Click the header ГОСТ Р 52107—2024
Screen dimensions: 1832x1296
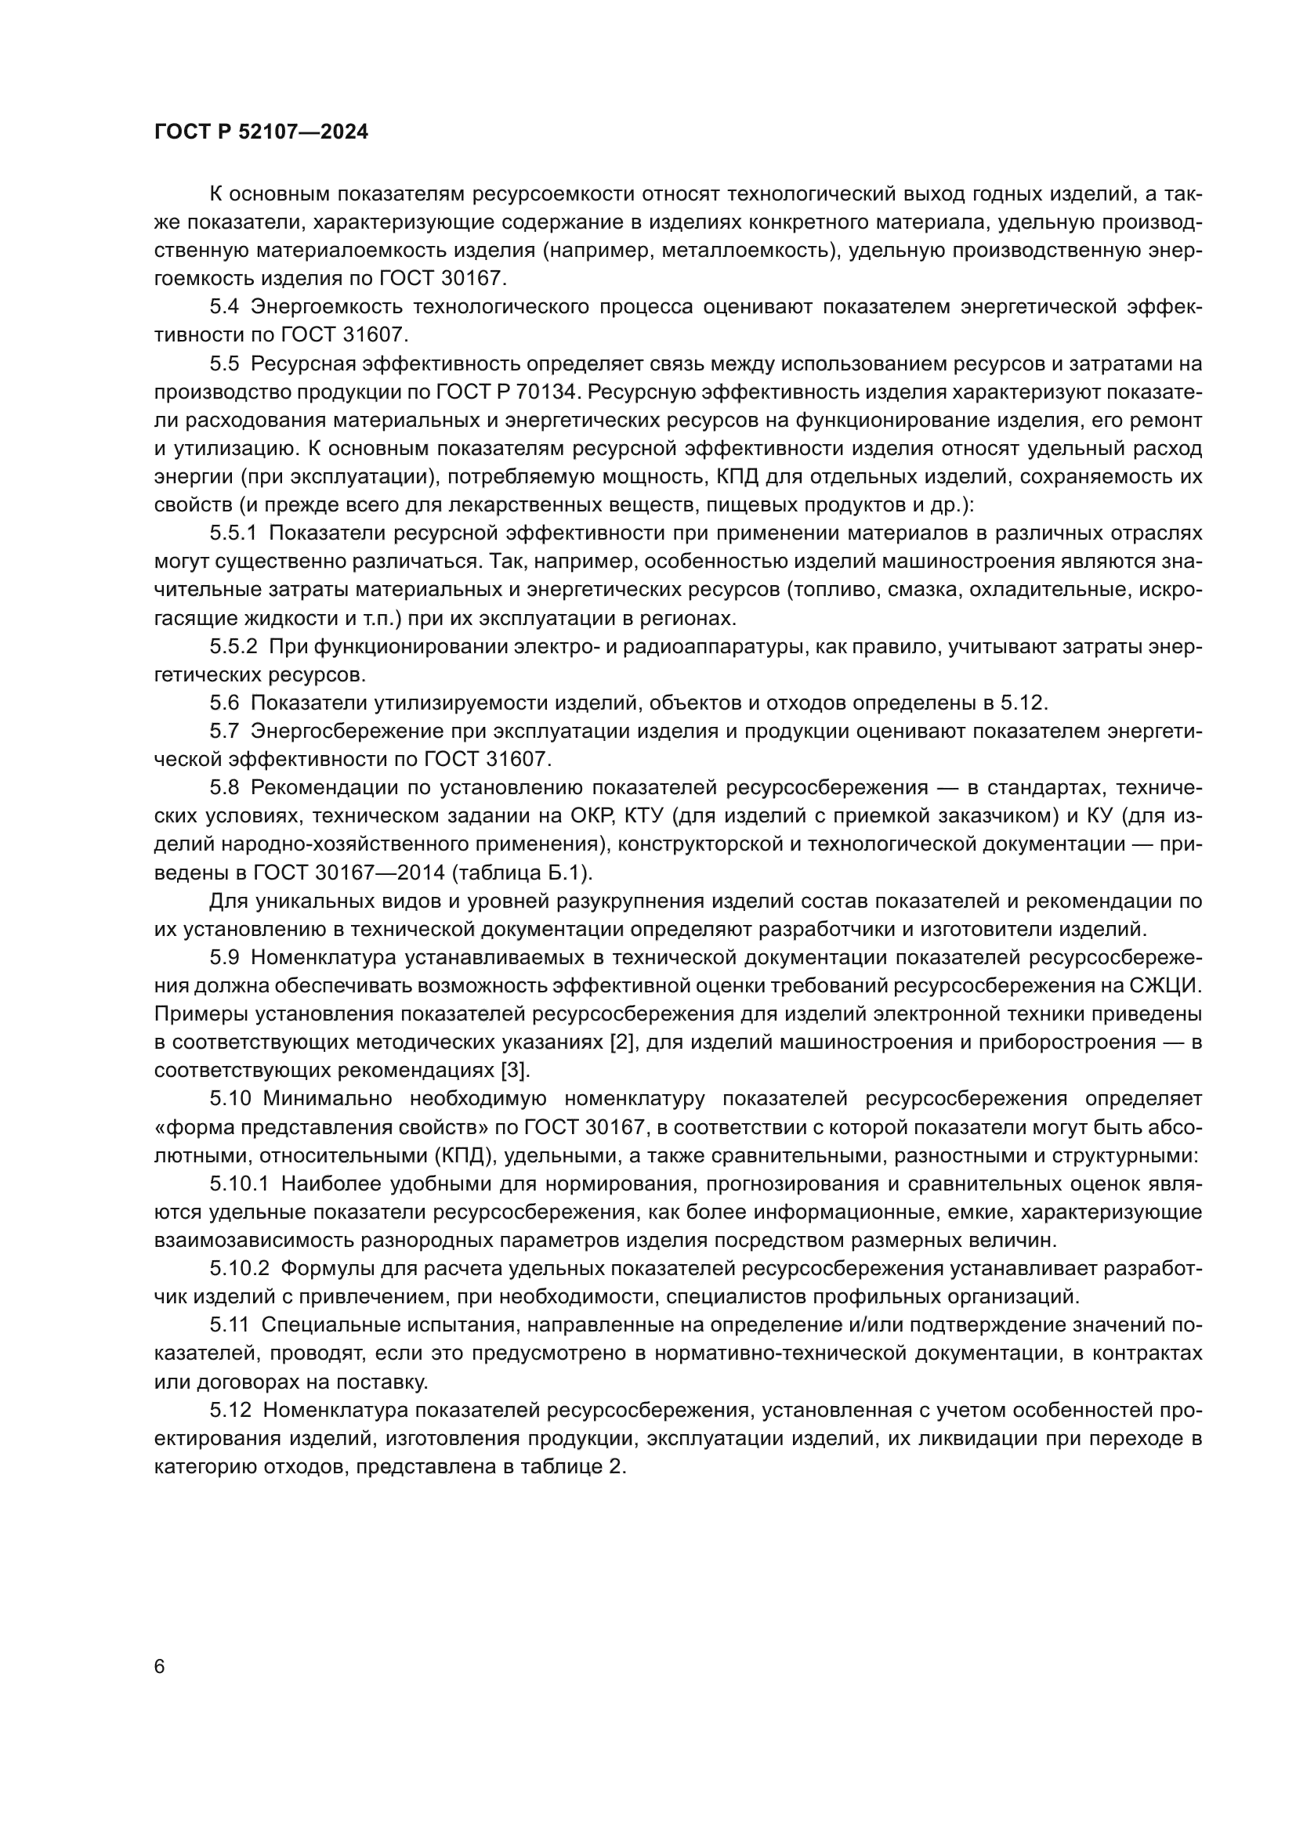click(x=261, y=132)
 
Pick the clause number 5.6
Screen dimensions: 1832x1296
click(x=224, y=703)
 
